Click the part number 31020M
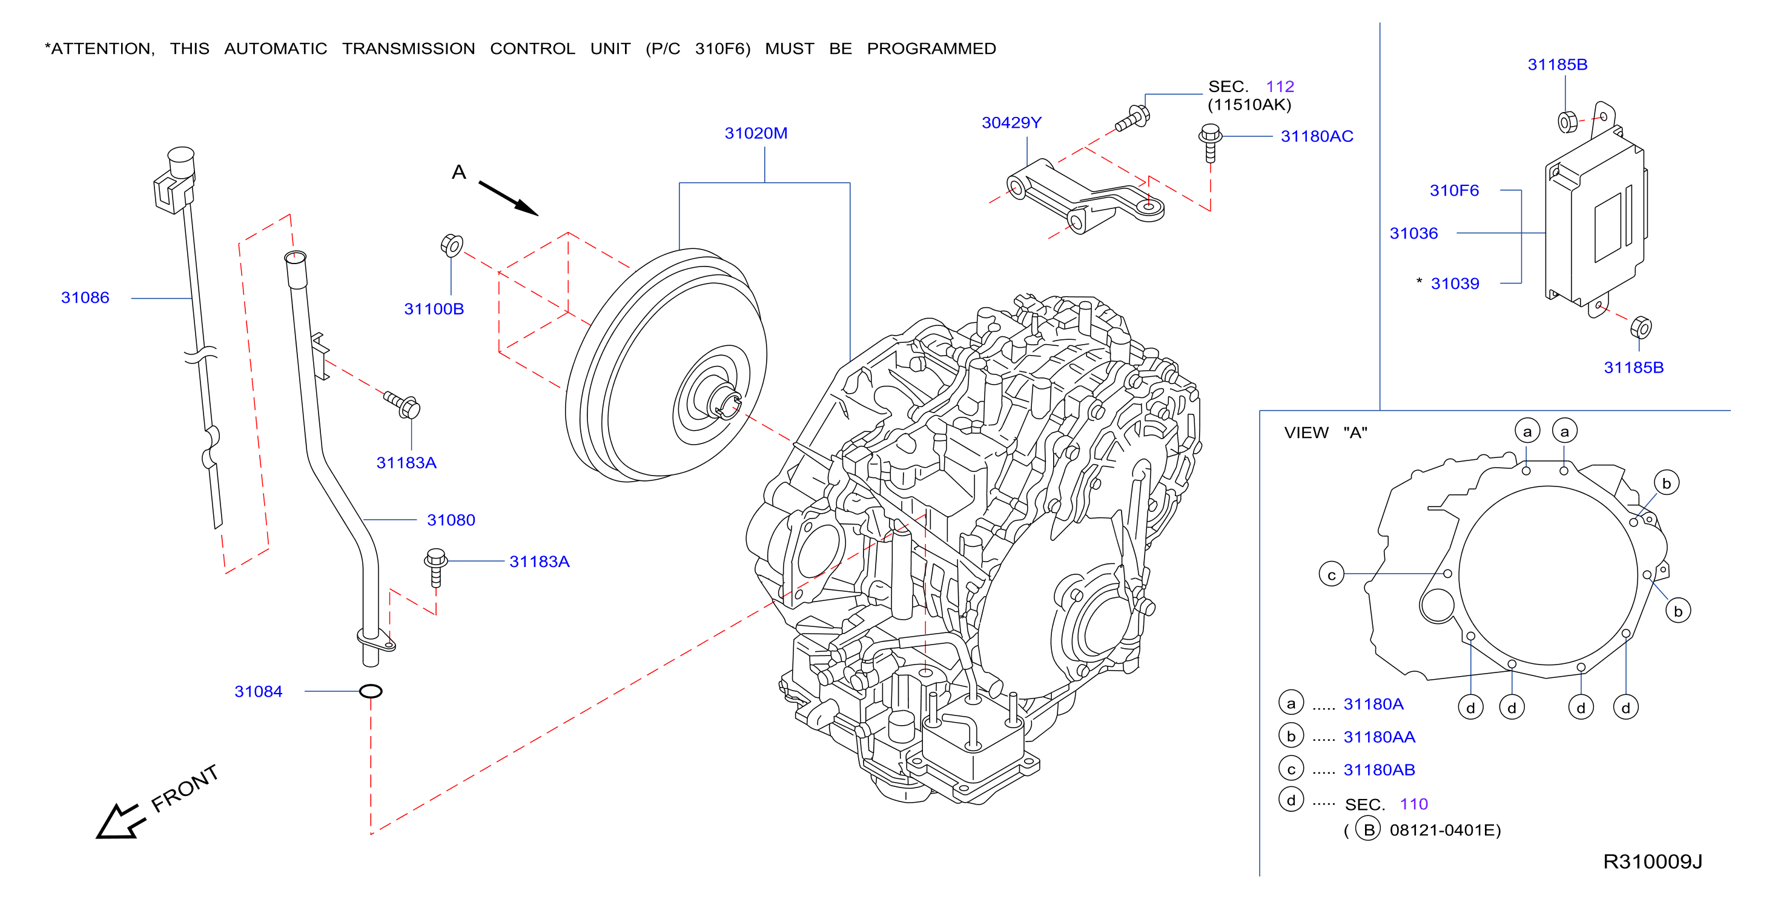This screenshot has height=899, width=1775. (x=756, y=133)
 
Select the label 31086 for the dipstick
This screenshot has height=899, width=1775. (x=85, y=298)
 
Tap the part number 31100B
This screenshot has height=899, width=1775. (x=434, y=309)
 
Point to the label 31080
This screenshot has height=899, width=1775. (x=451, y=520)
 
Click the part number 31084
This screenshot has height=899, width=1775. (x=259, y=691)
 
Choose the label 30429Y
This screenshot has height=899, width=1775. (x=1011, y=123)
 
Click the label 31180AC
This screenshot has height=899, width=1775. (x=1317, y=136)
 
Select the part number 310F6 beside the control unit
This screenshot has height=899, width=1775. (x=1454, y=190)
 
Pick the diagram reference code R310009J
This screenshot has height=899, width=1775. (x=1652, y=862)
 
